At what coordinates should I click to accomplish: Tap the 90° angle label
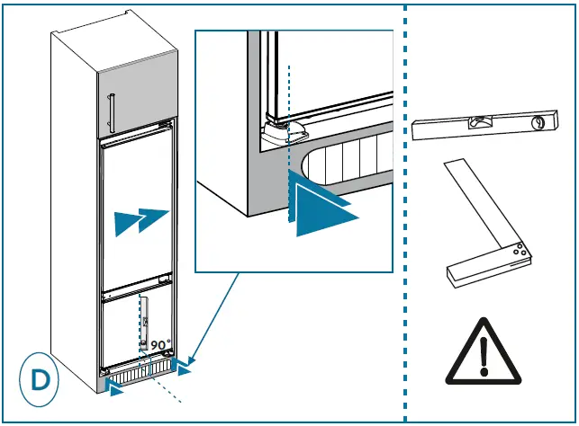coord(159,344)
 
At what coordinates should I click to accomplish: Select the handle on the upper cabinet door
coord(111,112)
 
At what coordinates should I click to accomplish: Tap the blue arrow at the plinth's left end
coord(115,386)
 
